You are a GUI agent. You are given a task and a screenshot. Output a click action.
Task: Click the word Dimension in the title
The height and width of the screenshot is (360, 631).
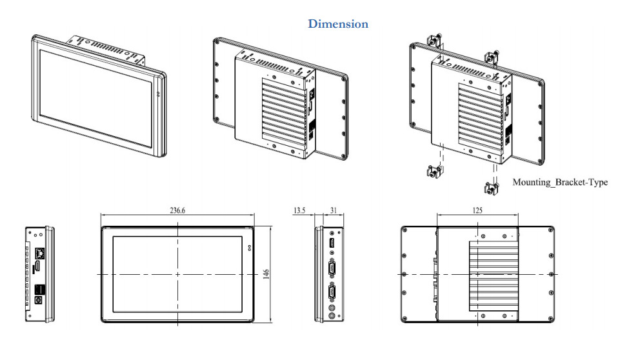coord(338,24)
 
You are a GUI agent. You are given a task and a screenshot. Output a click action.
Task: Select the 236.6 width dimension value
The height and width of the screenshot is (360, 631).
coord(177,210)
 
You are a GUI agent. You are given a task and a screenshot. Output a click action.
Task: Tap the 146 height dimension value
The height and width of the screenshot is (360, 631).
coord(266,274)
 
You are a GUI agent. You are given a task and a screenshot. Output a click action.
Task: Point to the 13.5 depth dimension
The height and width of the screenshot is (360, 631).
coord(299,210)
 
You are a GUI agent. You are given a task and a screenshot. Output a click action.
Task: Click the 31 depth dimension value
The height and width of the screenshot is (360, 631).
coord(333,210)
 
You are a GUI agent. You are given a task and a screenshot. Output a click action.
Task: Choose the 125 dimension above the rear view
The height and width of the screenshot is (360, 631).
coord(477,210)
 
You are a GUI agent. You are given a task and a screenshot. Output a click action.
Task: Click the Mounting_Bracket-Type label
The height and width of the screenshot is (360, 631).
coord(560,182)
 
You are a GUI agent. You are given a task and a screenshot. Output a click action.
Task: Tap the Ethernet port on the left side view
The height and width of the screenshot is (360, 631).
coord(40,253)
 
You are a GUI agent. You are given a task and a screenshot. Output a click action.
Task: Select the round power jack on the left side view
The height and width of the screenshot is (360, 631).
coord(39,299)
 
